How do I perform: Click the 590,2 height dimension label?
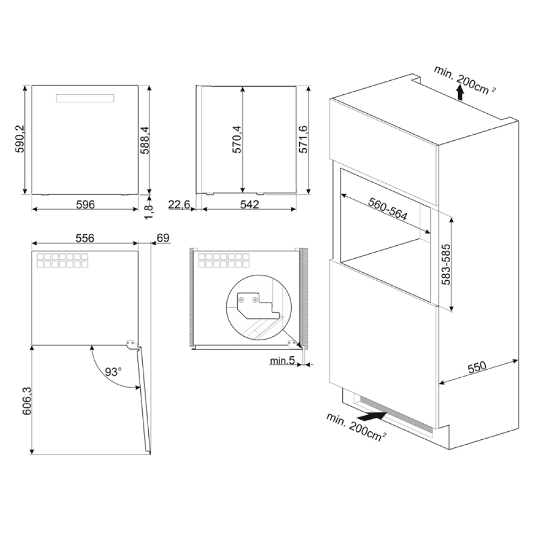point(19,139)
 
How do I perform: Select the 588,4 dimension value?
point(144,140)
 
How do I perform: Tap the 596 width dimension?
point(85,204)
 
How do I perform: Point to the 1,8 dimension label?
point(149,211)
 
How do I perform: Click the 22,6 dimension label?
point(179,204)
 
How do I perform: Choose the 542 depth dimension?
point(249,204)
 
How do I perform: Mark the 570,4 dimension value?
point(237,140)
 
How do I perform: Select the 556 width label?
point(85,238)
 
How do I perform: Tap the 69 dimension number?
point(163,238)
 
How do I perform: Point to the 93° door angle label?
point(113,372)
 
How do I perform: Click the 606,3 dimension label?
point(27,401)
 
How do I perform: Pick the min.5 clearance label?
point(282,360)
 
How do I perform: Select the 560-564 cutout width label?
point(388,209)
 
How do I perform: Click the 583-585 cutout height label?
point(446,264)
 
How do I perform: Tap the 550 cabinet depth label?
point(477,367)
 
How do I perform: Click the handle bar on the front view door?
point(85,98)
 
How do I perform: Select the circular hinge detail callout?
point(259,307)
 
